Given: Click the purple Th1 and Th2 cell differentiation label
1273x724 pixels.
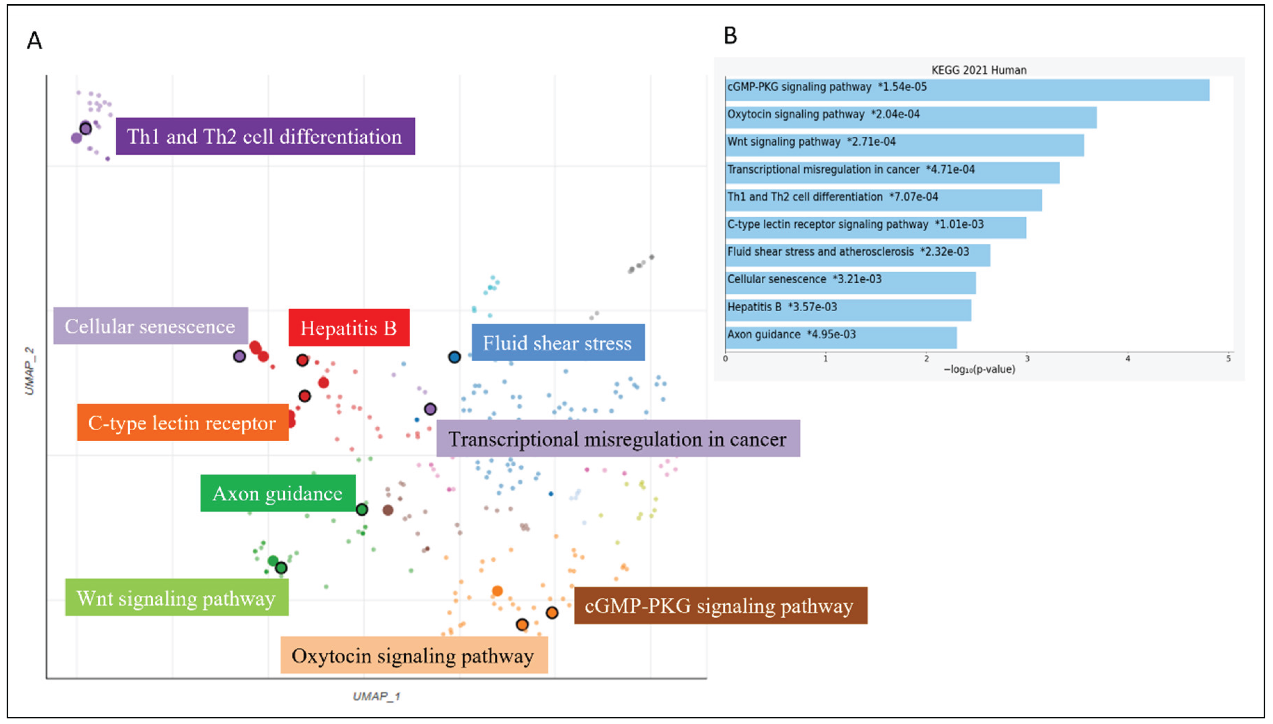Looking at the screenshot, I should [x=265, y=136].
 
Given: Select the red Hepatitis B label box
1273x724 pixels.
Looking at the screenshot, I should [x=349, y=328].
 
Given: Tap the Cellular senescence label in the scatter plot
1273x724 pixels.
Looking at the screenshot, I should [x=150, y=326].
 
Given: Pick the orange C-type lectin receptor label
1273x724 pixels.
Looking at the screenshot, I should [x=183, y=423].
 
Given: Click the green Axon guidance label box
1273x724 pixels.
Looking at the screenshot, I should [x=277, y=493].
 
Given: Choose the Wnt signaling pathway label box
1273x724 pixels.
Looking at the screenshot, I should [x=177, y=598].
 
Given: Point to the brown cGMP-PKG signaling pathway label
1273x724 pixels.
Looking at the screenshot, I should [x=720, y=606].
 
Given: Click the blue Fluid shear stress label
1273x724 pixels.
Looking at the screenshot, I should [x=558, y=343].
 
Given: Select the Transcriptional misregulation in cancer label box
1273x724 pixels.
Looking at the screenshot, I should [x=618, y=439].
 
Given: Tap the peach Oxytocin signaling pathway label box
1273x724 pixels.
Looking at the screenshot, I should [x=414, y=655].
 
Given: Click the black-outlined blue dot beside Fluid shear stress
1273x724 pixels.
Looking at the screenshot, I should [x=454, y=357].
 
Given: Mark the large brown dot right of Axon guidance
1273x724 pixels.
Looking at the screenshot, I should [x=388, y=510].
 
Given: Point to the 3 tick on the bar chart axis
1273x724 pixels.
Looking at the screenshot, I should [x=1027, y=359].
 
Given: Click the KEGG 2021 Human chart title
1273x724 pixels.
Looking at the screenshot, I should [x=978, y=70].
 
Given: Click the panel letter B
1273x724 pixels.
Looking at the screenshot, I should [x=730, y=36].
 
